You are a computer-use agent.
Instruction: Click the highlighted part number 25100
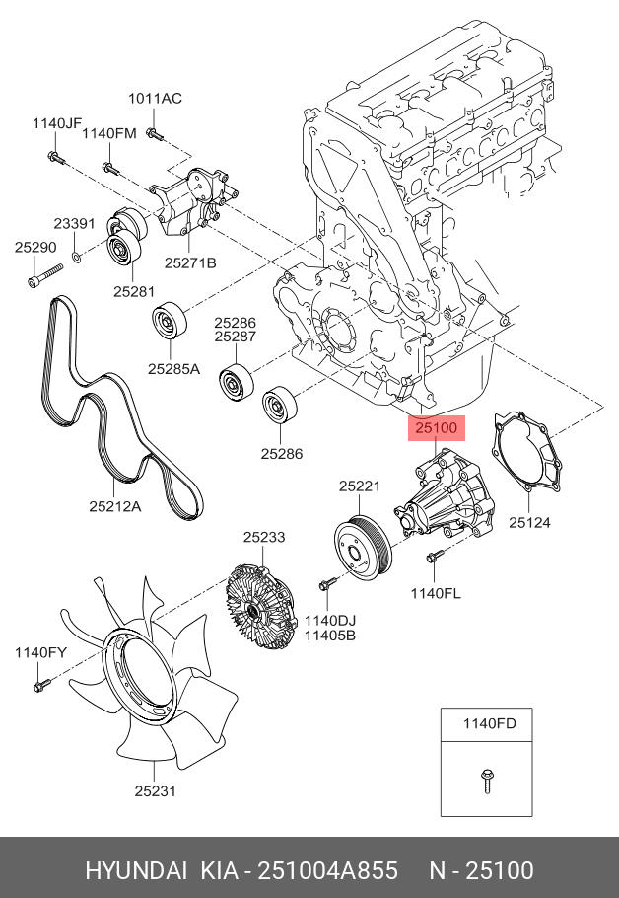click(x=436, y=429)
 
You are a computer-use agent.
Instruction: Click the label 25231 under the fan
click(x=156, y=789)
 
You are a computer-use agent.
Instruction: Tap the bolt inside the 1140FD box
click(x=487, y=779)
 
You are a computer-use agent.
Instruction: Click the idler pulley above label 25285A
click(x=169, y=322)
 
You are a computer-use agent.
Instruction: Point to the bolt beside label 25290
click(x=35, y=281)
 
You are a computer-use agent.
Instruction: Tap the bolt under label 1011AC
click(x=154, y=132)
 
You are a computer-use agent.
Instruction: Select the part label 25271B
click(x=189, y=262)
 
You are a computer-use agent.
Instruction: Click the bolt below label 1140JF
click(x=53, y=157)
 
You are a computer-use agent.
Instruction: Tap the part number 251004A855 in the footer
click(x=327, y=870)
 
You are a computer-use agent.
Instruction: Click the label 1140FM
click(x=108, y=134)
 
